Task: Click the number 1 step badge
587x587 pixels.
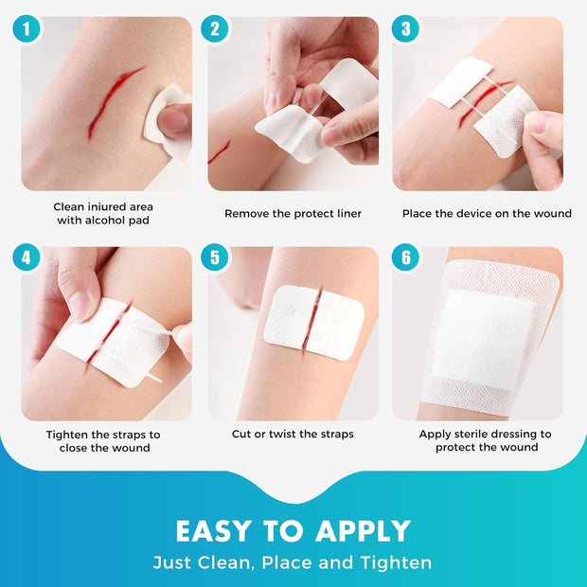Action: point(27,28)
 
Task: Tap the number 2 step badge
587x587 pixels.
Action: point(215,28)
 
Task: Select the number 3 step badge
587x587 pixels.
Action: point(405,28)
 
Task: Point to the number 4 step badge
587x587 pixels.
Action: point(27,256)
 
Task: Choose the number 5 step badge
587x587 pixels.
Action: point(215,256)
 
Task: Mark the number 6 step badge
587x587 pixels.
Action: point(405,256)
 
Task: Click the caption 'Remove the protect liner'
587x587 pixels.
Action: point(293,214)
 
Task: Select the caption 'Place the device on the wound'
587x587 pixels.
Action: point(487,214)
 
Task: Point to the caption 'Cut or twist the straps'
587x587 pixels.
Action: point(293,435)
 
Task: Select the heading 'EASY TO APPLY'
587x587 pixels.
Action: point(293,530)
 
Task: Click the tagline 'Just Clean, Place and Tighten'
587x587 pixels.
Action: point(293,562)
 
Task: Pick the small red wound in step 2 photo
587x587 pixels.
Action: point(219,152)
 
